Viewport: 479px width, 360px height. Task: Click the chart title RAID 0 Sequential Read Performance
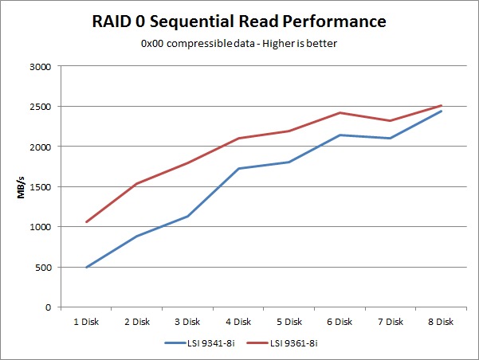click(x=239, y=20)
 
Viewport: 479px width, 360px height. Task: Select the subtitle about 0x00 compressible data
click(x=239, y=43)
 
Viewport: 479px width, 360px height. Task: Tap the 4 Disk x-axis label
click(x=238, y=322)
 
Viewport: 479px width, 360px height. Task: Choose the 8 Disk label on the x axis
click(x=441, y=322)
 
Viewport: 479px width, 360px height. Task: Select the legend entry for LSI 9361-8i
click(x=283, y=342)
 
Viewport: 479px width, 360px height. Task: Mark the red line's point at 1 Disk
click(x=85, y=221)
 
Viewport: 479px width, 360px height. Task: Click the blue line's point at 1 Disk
click(x=85, y=267)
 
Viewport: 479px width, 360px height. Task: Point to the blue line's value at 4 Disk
click(x=238, y=168)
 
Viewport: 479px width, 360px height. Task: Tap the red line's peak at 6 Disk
click(x=340, y=112)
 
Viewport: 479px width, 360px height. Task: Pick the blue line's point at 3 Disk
click(x=186, y=216)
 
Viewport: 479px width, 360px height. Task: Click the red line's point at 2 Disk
click(x=136, y=183)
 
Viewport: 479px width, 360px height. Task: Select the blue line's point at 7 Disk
click(x=391, y=138)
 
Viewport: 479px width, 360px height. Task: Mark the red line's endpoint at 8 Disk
click(x=441, y=105)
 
